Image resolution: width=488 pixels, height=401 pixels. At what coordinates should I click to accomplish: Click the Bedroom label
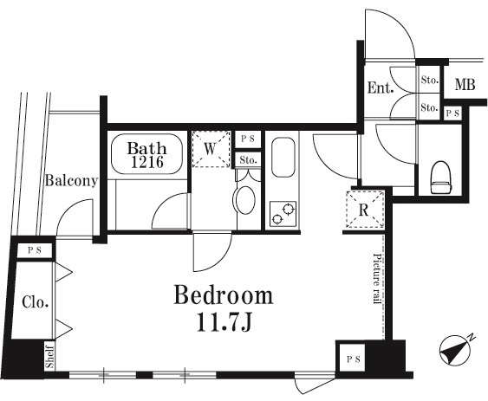223,294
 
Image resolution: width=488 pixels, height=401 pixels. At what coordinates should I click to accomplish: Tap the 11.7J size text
224,323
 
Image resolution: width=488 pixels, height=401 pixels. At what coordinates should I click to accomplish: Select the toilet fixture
440,178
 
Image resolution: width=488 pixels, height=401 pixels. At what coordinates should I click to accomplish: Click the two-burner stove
283,214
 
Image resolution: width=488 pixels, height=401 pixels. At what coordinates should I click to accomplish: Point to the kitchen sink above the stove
283,158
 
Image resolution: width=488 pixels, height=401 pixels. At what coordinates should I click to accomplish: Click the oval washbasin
245,200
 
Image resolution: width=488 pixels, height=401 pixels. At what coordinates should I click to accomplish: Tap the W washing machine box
211,149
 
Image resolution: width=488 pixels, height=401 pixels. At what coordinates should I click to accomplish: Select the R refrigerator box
364,210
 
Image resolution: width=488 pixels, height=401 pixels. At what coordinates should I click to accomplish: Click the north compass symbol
455,350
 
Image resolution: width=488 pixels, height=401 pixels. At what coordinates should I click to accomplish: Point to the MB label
465,84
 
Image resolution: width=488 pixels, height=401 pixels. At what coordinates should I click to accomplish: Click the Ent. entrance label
381,87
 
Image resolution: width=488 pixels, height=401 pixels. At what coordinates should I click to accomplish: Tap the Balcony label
72,181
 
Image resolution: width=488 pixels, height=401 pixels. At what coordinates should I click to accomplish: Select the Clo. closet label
36,302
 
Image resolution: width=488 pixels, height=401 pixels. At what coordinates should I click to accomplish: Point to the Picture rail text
377,279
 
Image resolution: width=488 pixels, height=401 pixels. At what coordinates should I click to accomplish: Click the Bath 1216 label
146,155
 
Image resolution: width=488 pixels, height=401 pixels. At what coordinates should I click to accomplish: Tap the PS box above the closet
34,251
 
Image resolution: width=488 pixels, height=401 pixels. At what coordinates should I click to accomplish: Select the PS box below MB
452,113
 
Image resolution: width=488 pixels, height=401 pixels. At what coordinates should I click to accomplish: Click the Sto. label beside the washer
248,160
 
